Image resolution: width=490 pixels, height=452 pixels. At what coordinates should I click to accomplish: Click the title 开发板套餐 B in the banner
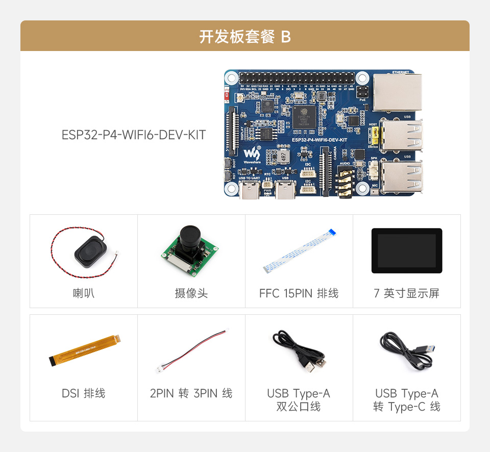pos(245,37)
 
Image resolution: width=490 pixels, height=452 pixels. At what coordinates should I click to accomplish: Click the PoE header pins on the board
pos(363,93)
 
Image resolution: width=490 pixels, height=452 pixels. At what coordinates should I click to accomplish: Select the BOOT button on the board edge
pos(227,163)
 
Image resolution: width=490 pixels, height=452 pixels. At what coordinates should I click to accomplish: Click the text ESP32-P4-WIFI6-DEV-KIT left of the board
pos(134,135)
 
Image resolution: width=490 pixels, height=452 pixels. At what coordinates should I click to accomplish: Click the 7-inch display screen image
pos(406,250)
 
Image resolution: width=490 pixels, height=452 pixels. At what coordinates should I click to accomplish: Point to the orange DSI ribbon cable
pos(85,350)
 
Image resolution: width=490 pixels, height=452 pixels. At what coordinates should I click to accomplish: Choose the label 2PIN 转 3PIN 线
pos(191,393)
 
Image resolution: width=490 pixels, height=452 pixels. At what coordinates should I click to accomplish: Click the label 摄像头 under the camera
pos(191,293)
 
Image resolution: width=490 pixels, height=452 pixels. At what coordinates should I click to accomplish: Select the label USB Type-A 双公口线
pos(299,400)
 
